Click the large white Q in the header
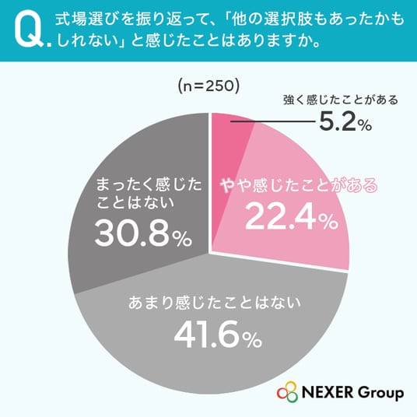29,30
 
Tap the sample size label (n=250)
208,86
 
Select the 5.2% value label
345,122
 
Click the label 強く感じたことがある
341,100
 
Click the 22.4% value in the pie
292,218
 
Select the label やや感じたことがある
300,185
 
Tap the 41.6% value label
218,335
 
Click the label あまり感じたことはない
215,303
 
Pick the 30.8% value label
143,234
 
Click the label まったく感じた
149,184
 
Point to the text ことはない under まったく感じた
135,202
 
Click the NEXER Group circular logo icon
287,392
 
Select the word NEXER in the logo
328,392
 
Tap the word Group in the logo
380,393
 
